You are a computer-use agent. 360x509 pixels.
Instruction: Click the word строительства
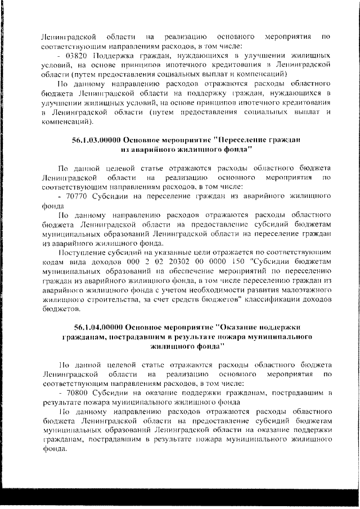[x=103, y=299]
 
